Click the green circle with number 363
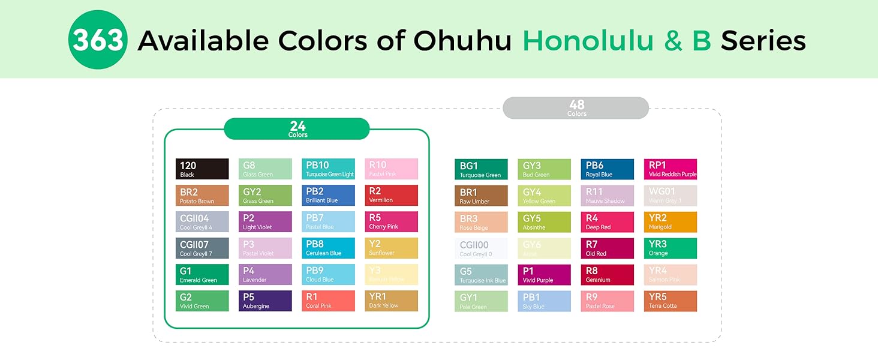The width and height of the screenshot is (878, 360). [x=98, y=40]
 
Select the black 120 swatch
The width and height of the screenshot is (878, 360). [x=202, y=169]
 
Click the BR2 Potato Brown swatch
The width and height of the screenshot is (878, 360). [x=202, y=196]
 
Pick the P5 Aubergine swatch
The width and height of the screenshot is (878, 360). [x=265, y=301]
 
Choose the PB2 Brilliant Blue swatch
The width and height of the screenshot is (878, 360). [x=328, y=196]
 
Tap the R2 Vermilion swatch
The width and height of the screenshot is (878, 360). [x=391, y=196]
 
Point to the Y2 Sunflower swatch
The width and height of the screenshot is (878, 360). [x=391, y=248]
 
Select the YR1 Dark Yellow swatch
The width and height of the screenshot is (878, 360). [x=391, y=301]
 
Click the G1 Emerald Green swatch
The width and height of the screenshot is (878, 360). [x=202, y=274]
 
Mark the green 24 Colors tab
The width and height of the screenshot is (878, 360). [x=297, y=128]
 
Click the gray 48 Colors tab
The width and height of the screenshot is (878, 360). [x=576, y=108]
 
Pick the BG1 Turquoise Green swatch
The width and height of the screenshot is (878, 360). [x=481, y=169]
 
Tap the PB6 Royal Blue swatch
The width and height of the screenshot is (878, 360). [x=607, y=169]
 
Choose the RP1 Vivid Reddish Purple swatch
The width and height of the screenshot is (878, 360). [x=670, y=169]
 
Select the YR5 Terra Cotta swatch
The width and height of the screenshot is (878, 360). [x=670, y=301]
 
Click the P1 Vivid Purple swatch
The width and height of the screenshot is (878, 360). [x=544, y=275]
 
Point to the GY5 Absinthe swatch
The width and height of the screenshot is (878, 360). [x=544, y=222]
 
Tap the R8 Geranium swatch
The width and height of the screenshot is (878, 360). [x=607, y=275]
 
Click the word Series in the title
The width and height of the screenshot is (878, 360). [x=763, y=40]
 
